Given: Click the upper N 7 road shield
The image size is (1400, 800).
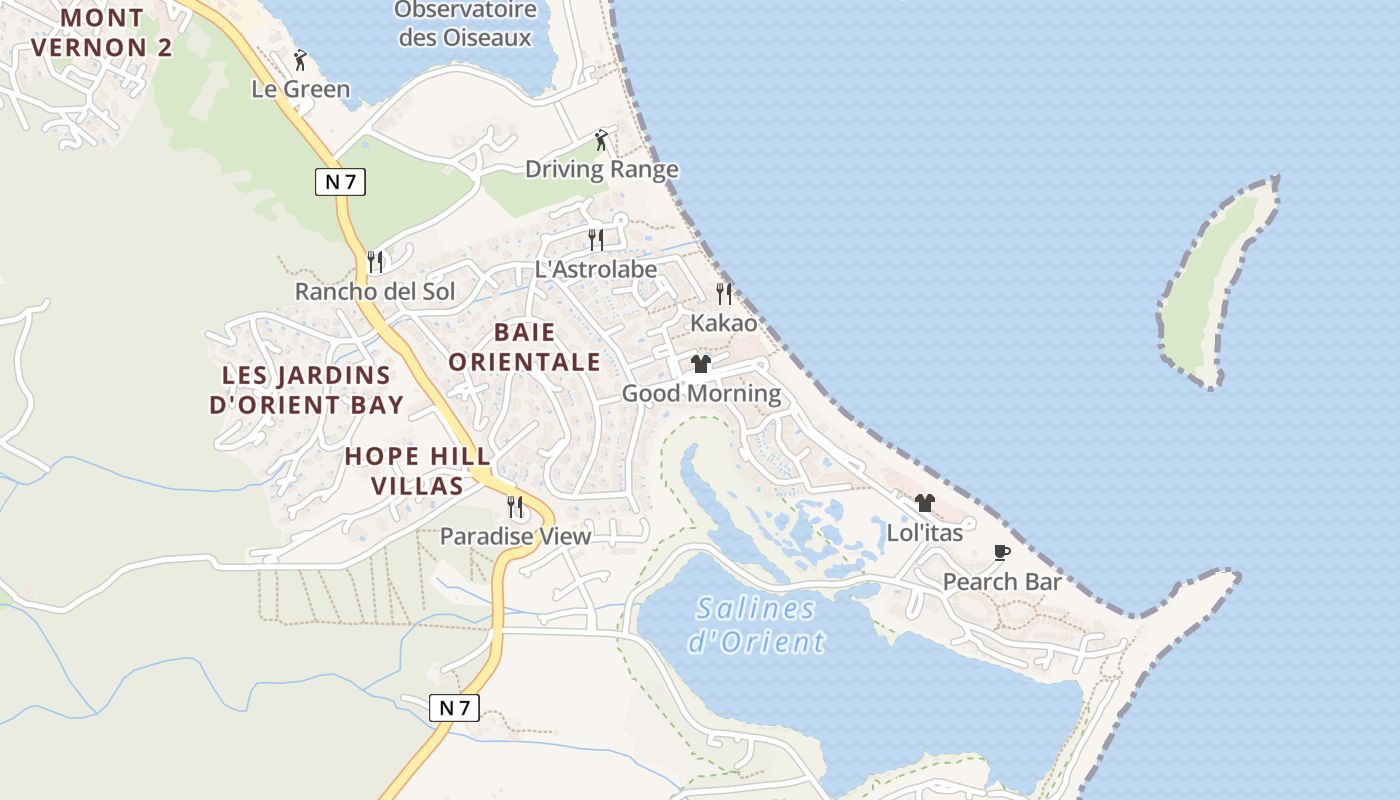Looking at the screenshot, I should [340, 181].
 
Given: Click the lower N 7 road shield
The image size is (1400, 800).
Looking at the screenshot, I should [454, 708].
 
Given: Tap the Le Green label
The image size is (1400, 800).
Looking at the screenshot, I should [300, 89].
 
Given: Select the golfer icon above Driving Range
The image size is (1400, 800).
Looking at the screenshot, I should [601, 140].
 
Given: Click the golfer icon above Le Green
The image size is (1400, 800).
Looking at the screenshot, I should [300, 60].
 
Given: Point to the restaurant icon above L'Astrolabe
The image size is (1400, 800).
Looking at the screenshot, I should [596, 240].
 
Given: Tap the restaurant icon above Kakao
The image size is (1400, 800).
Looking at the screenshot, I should [724, 294].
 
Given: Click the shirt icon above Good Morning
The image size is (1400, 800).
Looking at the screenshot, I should [701, 364].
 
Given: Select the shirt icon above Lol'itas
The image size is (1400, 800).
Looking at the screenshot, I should [925, 503].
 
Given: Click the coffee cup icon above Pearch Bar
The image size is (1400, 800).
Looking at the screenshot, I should [1002, 552].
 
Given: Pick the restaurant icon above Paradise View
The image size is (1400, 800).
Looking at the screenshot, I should [515, 507].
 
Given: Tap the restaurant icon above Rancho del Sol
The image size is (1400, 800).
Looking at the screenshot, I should [375, 262].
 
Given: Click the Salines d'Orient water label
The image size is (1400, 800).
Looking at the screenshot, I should [756, 625].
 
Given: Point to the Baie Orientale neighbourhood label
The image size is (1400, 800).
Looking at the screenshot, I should [524, 347].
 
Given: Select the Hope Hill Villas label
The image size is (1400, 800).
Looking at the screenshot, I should [418, 471].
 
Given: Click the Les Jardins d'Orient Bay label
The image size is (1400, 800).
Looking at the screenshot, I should [306, 390].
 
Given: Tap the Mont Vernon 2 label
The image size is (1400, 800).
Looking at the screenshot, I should [102, 32].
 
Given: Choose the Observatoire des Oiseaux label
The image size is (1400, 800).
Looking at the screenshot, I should [465, 24].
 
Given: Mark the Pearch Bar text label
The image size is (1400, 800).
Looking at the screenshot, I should [1002, 582].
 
